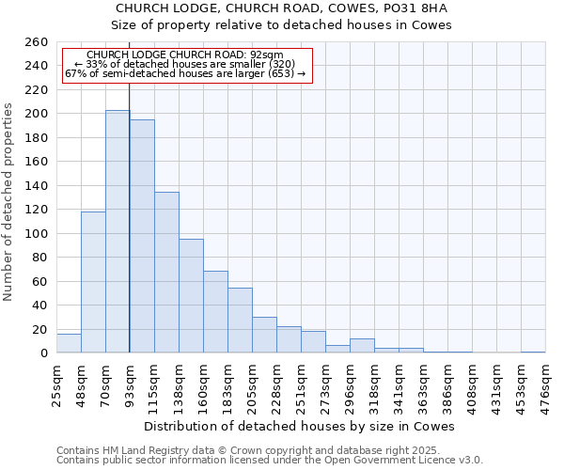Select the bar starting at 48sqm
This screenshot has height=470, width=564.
(x=93, y=282)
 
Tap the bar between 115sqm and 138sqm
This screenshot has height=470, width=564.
(x=166, y=273)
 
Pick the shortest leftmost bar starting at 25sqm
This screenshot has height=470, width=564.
(x=69, y=343)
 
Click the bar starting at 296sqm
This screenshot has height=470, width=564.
(x=362, y=346)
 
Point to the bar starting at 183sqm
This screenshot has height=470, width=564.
(x=240, y=321)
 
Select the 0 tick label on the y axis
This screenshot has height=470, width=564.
(x=43, y=353)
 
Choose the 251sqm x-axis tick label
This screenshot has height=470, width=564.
(x=302, y=385)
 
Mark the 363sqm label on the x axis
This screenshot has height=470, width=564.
(x=424, y=385)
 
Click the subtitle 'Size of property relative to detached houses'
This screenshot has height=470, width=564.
(x=282, y=25)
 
